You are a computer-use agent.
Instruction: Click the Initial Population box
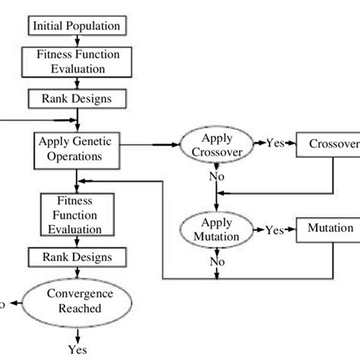point(76,26)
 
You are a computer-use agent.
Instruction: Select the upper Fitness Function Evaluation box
point(76,62)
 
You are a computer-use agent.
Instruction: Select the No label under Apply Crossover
point(218,176)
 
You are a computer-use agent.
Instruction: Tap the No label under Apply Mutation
point(218,262)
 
